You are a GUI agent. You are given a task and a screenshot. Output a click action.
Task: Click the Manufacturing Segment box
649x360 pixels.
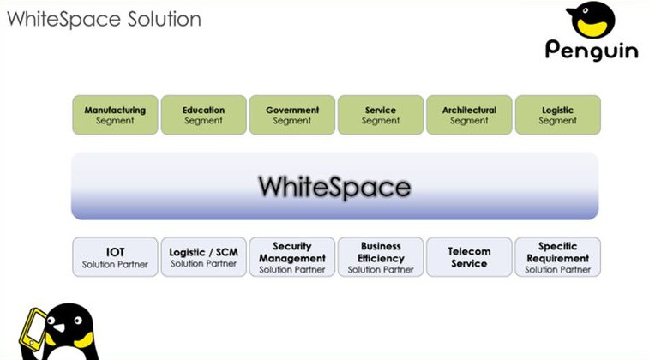click(x=115, y=115)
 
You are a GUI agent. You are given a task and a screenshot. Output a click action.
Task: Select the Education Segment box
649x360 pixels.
click(x=204, y=115)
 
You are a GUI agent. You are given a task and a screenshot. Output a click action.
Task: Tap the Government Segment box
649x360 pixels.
click(x=292, y=115)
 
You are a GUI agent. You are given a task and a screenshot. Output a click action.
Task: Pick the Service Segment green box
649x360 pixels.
click(x=381, y=115)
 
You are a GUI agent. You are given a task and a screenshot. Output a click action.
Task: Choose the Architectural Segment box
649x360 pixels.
click(x=469, y=115)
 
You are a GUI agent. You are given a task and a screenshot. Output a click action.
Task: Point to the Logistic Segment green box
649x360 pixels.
click(x=558, y=115)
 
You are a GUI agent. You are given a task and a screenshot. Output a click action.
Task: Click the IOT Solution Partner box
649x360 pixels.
click(x=115, y=257)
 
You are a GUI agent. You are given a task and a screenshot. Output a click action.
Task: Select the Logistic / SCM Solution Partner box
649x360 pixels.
click(x=204, y=257)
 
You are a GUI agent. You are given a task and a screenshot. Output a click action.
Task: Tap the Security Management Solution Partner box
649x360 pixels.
click(x=292, y=257)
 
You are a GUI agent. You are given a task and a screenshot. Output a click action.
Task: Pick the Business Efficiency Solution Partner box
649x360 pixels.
click(x=381, y=257)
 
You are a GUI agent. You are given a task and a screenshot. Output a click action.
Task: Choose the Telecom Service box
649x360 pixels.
click(x=469, y=257)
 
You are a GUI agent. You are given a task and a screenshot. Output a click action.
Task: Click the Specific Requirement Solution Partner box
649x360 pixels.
click(x=558, y=257)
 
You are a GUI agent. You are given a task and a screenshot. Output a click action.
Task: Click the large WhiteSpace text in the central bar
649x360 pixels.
click(x=335, y=187)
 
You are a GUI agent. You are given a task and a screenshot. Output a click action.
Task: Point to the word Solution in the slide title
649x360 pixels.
click(x=165, y=19)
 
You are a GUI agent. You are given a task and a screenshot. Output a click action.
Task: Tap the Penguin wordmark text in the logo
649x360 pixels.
click(x=592, y=50)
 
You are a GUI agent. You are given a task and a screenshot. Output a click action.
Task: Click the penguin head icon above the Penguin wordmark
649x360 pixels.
click(x=590, y=20)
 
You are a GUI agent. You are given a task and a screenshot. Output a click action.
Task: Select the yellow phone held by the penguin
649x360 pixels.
click(x=34, y=329)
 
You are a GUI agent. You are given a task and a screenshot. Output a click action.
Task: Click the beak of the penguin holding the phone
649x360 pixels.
click(x=58, y=327)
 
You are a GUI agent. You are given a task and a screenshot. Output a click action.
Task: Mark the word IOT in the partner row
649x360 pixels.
click(x=115, y=252)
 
